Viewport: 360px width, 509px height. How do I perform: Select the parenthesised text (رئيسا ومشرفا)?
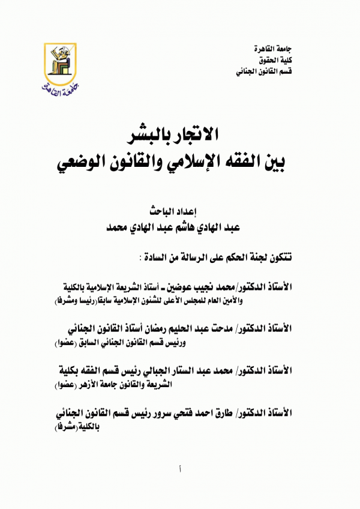(x=81, y=300)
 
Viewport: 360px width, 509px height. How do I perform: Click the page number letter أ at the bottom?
(x=180, y=469)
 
